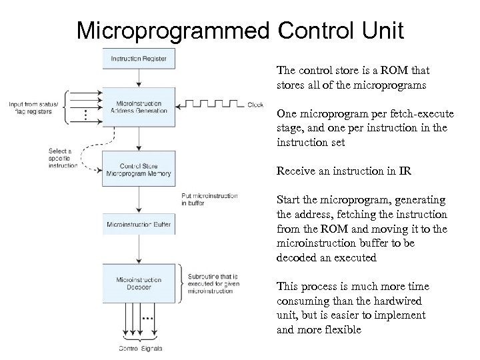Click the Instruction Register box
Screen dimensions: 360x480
point(138,59)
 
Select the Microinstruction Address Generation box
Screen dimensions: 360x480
point(138,107)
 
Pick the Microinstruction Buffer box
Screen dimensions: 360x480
point(138,224)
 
